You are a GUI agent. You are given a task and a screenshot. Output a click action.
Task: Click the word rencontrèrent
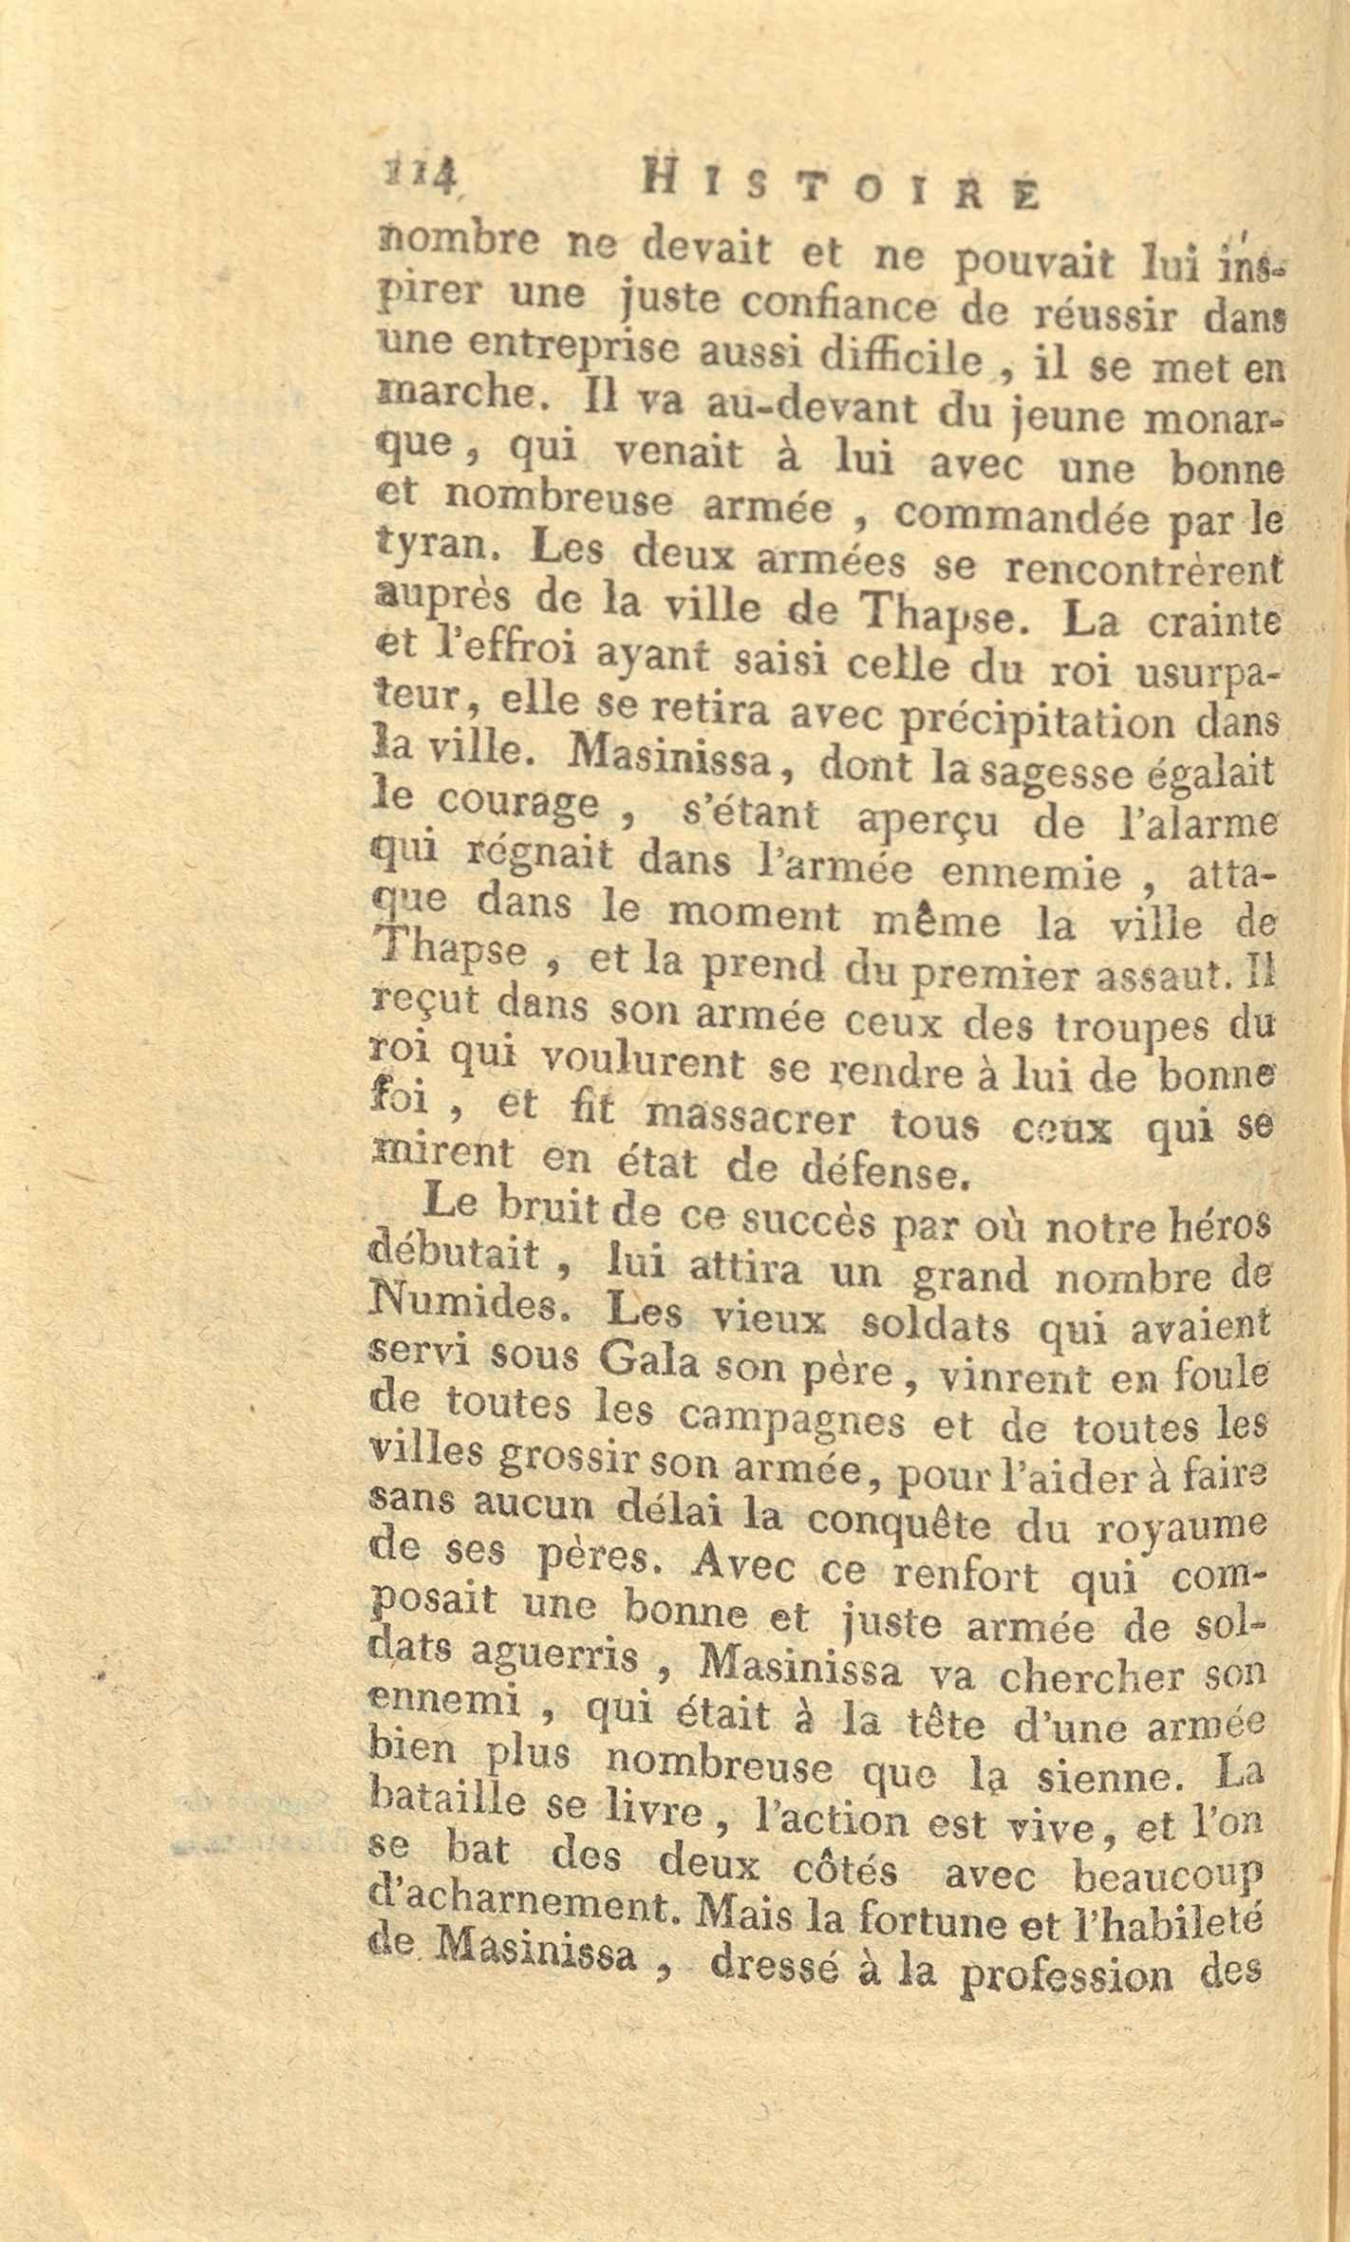(x=1139, y=568)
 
